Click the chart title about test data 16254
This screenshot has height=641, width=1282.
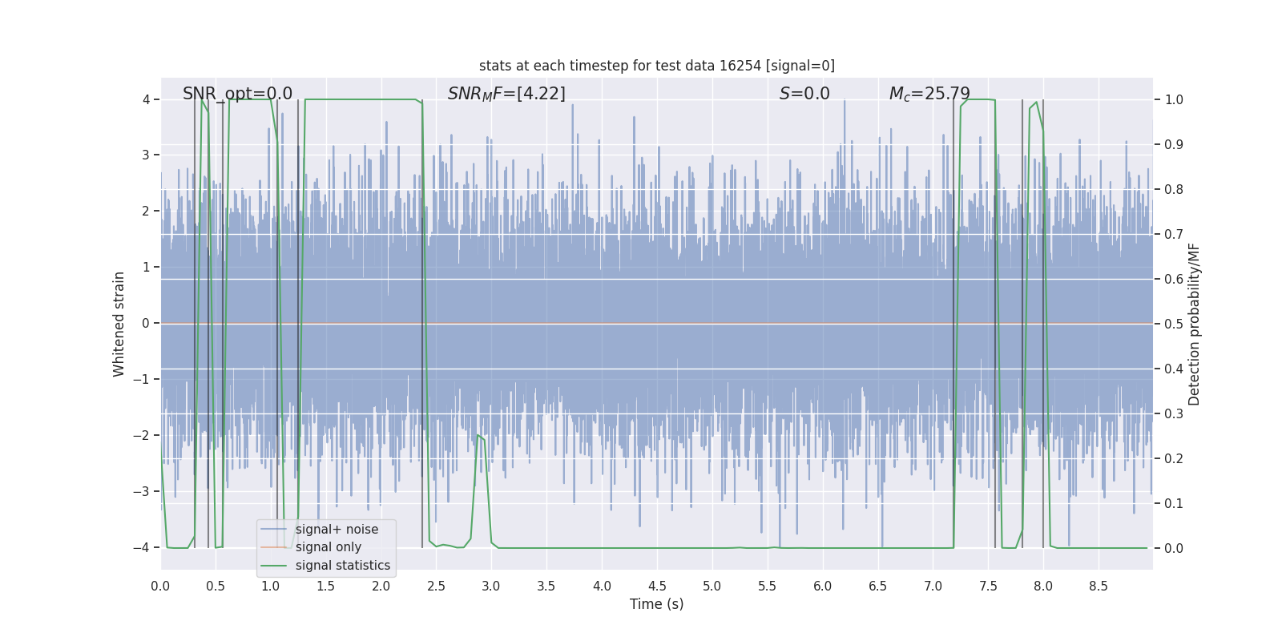point(656,66)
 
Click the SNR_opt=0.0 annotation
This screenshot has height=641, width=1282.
point(237,94)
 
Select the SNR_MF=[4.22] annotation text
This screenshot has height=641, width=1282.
point(506,94)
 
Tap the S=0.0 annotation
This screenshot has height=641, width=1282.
point(804,94)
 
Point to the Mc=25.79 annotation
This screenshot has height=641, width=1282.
point(929,94)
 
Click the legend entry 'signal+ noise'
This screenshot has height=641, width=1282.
point(337,530)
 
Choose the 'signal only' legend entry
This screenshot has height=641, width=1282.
point(328,547)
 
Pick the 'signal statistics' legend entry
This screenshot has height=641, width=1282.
point(342,566)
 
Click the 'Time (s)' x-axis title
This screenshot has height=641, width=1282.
point(656,604)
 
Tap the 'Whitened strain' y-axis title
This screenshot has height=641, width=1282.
point(119,324)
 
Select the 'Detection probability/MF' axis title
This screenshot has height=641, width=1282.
point(1194,324)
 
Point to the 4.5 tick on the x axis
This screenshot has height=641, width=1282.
point(657,587)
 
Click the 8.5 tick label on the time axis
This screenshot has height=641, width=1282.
point(1099,587)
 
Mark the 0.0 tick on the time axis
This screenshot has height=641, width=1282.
point(160,587)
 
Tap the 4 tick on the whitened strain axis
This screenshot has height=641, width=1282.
point(146,99)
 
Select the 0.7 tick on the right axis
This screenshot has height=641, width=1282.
point(1174,234)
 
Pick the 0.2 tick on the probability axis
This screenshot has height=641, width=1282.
point(1174,458)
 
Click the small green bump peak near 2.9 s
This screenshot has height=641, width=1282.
point(478,435)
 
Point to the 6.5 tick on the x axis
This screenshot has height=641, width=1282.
point(878,587)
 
